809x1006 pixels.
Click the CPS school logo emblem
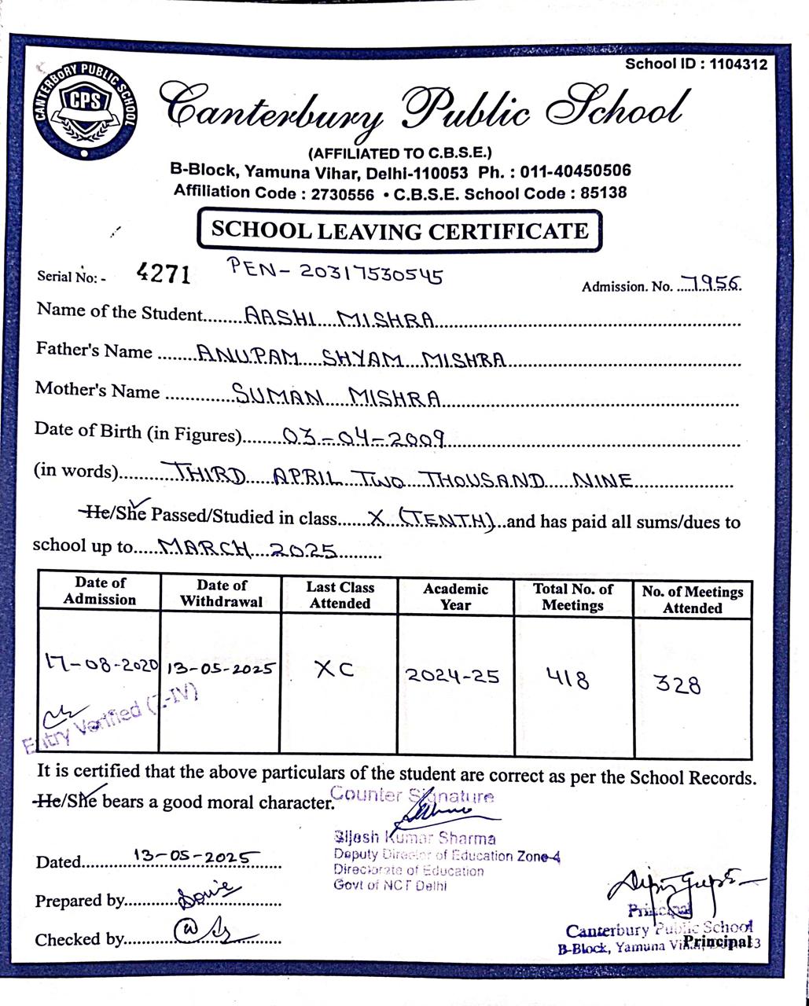(x=85, y=111)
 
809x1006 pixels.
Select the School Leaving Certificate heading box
(x=399, y=230)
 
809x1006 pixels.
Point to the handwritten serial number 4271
(x=164, y=274)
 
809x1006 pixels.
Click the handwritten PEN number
(x=335, y=271)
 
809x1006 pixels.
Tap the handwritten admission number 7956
(x=711, y=284)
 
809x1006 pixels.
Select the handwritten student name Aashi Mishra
(x=340, y=318)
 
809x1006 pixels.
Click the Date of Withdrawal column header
(x=221, y=593)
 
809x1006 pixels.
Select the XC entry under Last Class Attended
(x=334, y=670)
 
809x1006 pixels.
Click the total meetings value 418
(x=568, y=677)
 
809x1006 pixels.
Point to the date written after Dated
(x=192, y=856)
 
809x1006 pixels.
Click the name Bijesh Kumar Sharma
(x=414, y=838)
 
